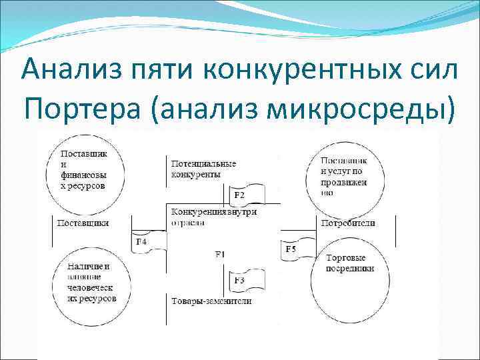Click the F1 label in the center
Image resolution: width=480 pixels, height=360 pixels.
point(221,254)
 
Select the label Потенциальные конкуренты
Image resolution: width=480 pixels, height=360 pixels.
point(203,169)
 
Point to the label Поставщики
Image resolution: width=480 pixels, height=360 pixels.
point(83,223)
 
